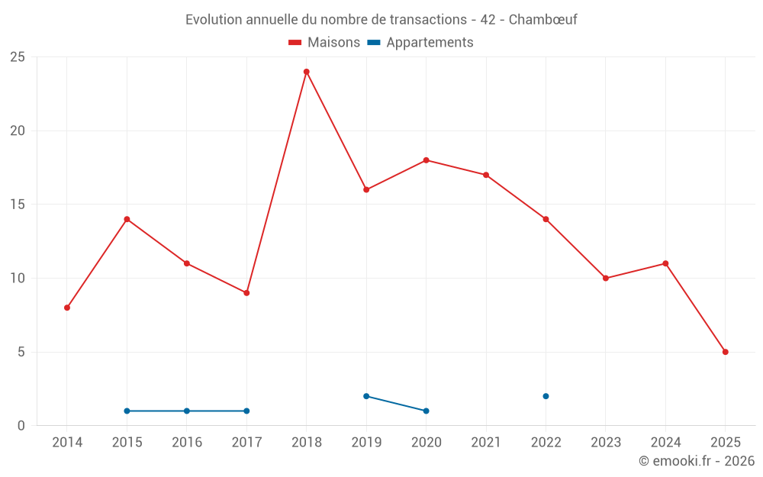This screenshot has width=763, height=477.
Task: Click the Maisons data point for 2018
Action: coord(307,72)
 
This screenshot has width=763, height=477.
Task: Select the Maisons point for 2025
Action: coord(725,352)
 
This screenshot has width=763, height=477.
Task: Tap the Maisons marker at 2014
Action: coord(67,308)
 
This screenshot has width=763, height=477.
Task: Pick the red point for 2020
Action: coord(426,160)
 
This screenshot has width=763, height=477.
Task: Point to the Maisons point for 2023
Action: coord(606,279)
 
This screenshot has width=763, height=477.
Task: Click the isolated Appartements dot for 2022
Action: coord(546,396)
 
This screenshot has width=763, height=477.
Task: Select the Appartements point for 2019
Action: coord(366,396)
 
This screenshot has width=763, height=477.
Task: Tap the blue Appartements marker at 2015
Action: coord(127,411)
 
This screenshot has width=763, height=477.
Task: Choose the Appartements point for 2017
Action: coord(246,411)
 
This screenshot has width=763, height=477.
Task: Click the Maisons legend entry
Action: coord(324,43)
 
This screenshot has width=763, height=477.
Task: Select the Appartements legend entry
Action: coord(421,43)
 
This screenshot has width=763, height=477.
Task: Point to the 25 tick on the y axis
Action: coord(17,57)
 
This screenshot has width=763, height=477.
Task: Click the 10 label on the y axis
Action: coord(17,279)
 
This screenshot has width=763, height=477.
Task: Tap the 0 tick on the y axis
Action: coord(21,426)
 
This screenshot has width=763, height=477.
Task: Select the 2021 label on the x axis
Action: coord(486,443)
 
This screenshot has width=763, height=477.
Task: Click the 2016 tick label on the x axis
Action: coord(187,443)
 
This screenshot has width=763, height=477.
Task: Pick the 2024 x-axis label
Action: coord(665,443)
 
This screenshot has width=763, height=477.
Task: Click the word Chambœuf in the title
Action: coord(542,20)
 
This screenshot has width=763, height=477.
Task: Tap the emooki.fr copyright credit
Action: coord(697,461)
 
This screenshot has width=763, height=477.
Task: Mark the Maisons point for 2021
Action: coord(486,175)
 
